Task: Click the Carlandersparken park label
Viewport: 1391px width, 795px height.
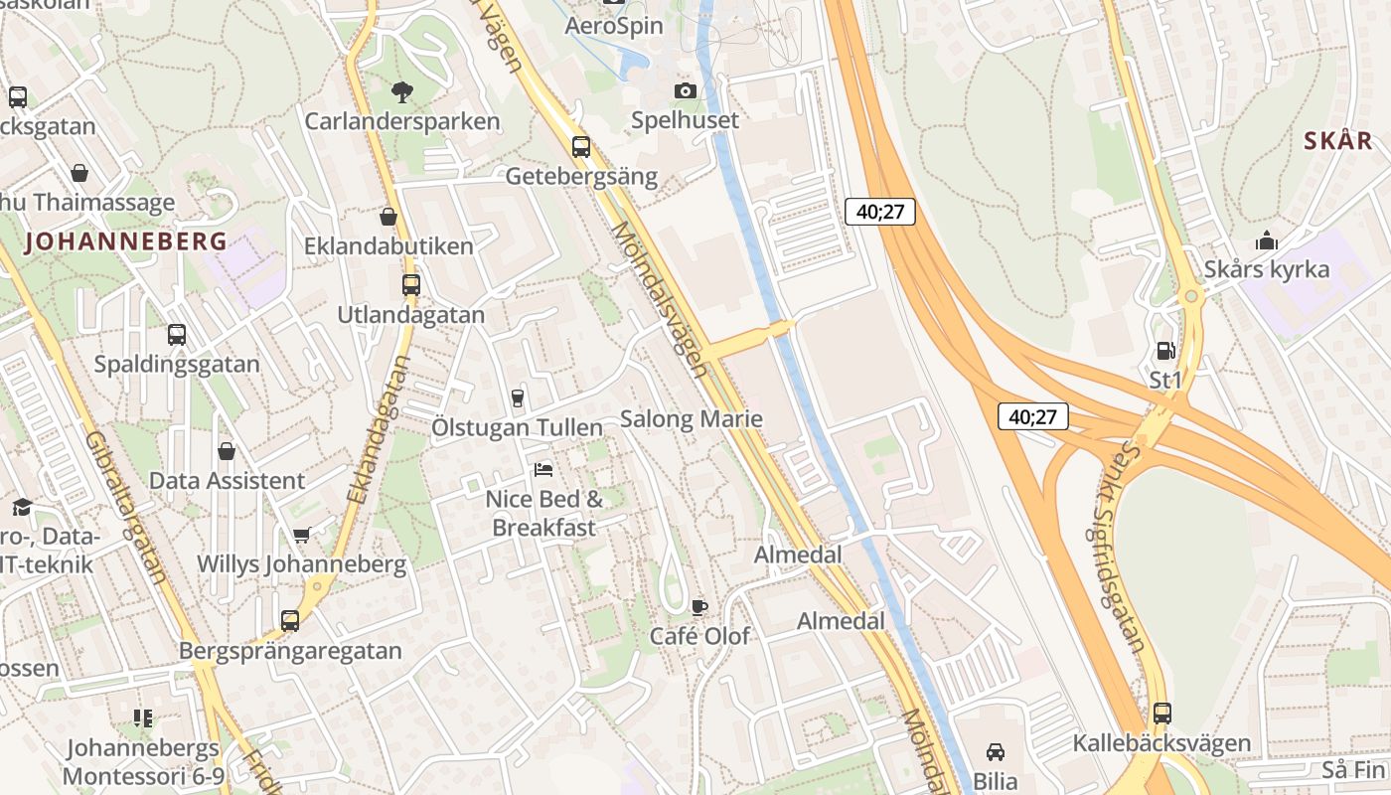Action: tap(401, 121)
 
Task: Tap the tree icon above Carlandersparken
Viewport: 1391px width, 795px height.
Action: tap(401, 93)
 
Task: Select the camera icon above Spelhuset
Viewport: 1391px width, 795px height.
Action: tap(686, 91)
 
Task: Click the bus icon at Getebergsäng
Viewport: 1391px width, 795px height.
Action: tap(581, 147)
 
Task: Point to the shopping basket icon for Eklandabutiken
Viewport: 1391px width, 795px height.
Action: tap(388, 217)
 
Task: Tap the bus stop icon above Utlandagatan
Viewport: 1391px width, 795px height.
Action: tap(410, 285)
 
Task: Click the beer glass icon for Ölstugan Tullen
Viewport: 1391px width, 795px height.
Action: tap(517, 398)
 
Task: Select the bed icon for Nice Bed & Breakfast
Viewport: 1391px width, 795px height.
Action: tap(543, 469)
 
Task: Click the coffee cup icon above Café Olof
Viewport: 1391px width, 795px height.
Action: tap(699, 607)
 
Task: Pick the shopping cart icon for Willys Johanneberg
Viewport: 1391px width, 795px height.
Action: tap(302, 536)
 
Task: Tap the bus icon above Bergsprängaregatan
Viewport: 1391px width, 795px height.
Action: tap(290, 621)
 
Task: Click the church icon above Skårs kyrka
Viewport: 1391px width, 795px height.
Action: tap(1266, 240)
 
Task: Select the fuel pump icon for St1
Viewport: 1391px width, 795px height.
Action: tap(1165, 351)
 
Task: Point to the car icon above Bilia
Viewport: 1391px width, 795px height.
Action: tap(996, 752)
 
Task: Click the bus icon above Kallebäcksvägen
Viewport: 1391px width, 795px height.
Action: tap(1161, 714)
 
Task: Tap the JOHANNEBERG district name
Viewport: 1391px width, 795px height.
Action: tap(126, 240)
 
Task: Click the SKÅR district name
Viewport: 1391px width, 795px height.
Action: tap(1337, 141)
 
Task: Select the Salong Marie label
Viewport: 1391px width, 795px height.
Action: tap(691, 418)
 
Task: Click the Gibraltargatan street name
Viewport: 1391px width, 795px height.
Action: tap(125, 507)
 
